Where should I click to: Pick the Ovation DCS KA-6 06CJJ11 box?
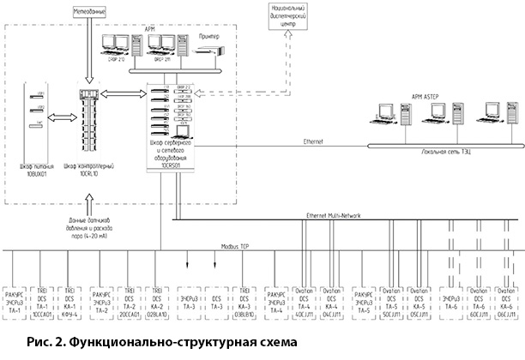(504, 302)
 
